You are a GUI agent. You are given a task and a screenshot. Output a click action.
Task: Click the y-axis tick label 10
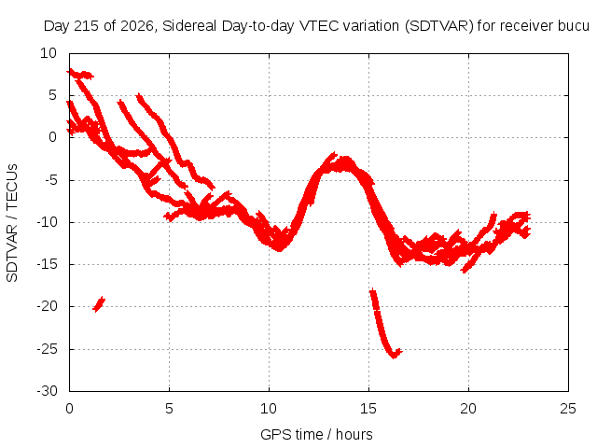click(x=49, y=53)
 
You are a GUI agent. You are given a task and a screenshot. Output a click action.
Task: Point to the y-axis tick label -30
click(x=47, y=391)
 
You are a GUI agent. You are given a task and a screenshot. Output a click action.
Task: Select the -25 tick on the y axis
click(x=47, y=349)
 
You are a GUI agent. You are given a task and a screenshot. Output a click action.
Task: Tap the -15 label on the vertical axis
click(x=47, y=264)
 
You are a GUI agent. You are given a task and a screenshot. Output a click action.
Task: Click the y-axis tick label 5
click(x=52, y=95)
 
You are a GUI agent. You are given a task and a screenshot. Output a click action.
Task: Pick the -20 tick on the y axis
click(x=47, y=306)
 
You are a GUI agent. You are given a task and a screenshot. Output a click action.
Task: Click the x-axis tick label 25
click(x=568, y=409)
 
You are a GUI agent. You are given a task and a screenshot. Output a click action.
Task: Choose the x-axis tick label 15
click(x=368, y=409)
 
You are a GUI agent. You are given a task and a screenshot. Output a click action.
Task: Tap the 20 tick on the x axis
click(x=468, y=409)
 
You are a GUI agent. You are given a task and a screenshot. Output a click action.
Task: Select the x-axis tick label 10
click(x=269, y=409)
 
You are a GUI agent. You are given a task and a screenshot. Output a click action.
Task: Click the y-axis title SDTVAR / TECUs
click(x=12, y=223)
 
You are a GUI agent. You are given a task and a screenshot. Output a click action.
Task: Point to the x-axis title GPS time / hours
click(x=316, y=434)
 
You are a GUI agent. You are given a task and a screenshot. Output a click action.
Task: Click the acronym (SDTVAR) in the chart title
click(x=438, y=26)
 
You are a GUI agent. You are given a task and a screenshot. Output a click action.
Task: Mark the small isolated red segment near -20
click(x=99, y=304)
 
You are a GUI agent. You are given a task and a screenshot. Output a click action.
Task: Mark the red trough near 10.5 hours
click(x=279, y=245)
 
